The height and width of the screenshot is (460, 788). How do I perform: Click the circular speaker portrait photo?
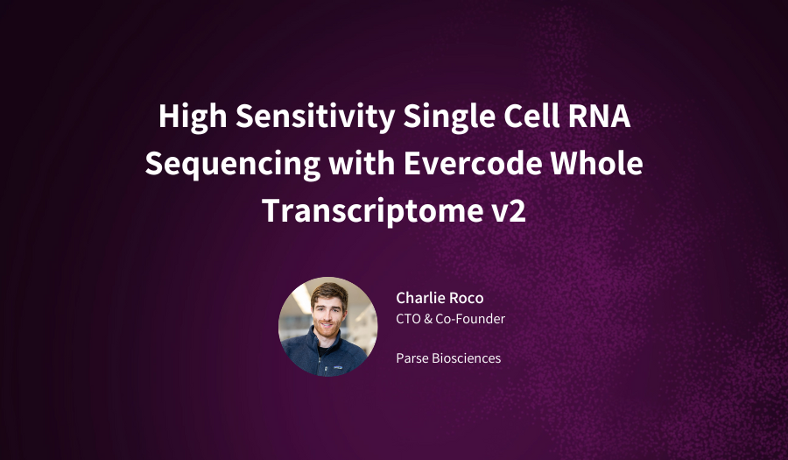pyautogui.click(x=328, y=326)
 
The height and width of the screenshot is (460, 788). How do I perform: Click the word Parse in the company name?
pyautogui.click(x=412, y=357)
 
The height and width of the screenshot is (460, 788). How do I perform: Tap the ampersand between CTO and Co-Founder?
pyautogui.click(x=429, y=319)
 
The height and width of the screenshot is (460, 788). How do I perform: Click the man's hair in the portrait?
pyautogui.click(x=327, y=293)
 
